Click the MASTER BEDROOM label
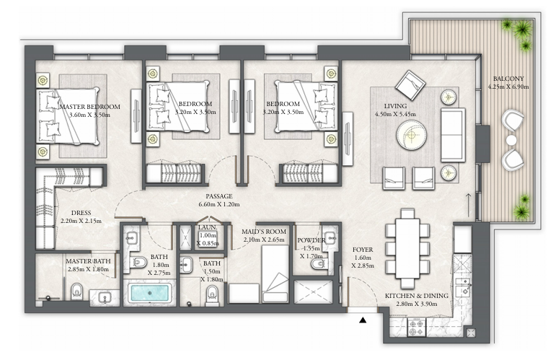(90, 107)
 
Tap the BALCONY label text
(508, 79)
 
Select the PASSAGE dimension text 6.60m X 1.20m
(219, 204)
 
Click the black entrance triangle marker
(363, 320)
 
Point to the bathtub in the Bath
(149, 293)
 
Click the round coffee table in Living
(411, 135)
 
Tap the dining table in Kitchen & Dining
(407, 248)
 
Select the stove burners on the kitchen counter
(417, 328)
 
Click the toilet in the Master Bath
(76, 291)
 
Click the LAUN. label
(208, 228)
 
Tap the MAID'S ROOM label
(264, 232)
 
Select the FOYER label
(363, 250)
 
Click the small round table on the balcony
(511, 141)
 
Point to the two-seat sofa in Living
(453, 135)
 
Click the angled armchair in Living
(410, 84)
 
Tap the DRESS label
(81, 213)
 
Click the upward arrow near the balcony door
(469, 205)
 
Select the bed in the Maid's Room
(275, 274)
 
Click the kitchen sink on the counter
(462, 286)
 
